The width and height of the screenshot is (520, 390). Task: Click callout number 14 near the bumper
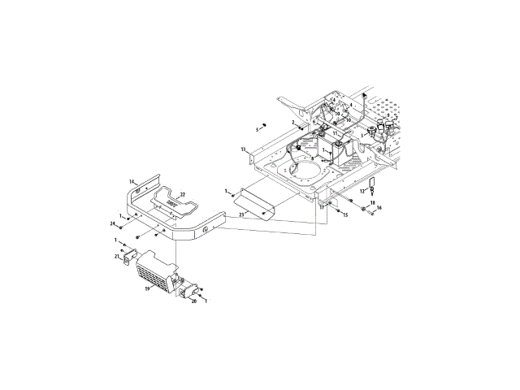point(132,181)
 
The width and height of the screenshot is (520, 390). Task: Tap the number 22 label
point(183,194)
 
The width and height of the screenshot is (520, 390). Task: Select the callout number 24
point(113,223)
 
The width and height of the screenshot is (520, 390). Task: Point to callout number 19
point(148,288)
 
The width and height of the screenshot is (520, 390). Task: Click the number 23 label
point(241,215)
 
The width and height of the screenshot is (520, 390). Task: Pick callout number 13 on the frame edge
point(243,150)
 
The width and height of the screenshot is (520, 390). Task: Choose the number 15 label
point(344,214)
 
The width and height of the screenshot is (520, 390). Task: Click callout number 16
point(378,209)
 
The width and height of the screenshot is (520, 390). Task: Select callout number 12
point(362,191)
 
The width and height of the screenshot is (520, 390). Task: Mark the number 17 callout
point(322,207)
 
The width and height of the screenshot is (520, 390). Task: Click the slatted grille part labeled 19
point(154,271)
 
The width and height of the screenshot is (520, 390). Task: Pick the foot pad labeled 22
point(174,200)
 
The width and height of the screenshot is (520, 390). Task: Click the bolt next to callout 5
point(264,125)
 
